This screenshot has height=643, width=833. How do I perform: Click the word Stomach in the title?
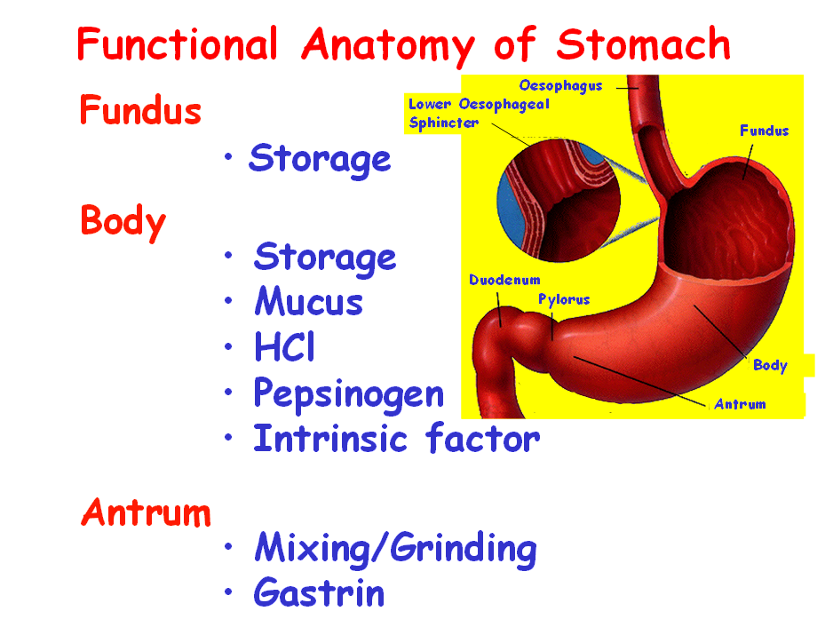644,44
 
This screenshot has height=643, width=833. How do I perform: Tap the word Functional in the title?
177,44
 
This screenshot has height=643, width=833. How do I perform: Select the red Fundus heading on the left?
140,111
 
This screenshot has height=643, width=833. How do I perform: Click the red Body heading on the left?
123,220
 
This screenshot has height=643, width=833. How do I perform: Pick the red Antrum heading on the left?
147,512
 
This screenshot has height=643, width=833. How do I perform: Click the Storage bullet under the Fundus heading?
320,159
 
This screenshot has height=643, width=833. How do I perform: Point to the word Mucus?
308,303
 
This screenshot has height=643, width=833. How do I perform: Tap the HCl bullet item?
284,347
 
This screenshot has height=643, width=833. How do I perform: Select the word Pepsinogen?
348,393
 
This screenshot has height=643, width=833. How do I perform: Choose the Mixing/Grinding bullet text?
395,549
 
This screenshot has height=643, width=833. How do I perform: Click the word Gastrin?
319,592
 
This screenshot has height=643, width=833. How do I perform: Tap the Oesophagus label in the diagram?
560,86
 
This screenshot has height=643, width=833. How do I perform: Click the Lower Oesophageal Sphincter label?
479,114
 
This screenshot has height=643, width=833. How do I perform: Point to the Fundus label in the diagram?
764,131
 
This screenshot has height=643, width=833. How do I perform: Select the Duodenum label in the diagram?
504,280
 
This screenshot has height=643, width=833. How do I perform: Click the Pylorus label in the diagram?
564,299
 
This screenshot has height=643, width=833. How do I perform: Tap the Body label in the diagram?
770,365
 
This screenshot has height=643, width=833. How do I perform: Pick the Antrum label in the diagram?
740,404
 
